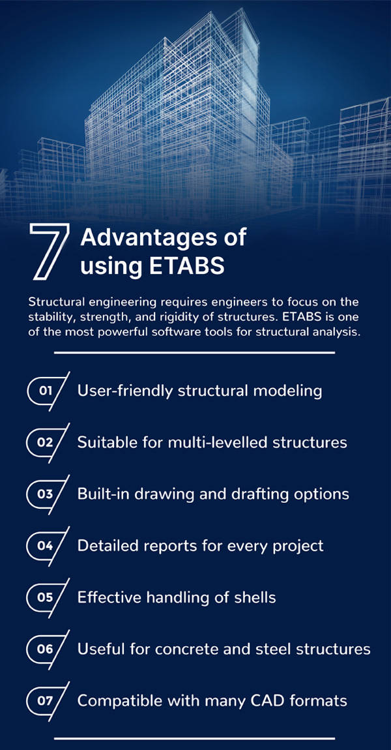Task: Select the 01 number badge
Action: click(48, 391)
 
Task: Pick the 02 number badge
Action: click(48, 442)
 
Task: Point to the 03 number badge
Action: click(48, 494)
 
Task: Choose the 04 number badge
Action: click(48, 546)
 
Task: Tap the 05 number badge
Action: click(48, 597)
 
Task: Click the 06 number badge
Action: click(48, 649)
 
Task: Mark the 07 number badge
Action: click(48, 700)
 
